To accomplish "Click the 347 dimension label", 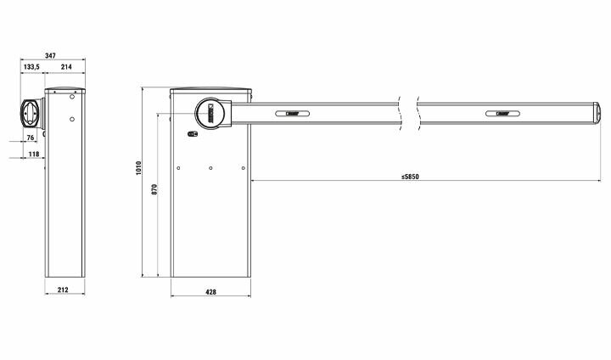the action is (50, 56).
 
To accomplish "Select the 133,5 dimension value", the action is (31, 67).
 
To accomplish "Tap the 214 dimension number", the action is (66, 67).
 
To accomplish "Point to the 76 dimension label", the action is (31, 138).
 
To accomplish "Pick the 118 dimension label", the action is (34, 154).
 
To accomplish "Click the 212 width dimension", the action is (63, 290).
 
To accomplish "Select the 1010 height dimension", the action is (138, 168).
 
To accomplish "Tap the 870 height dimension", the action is (154, 189).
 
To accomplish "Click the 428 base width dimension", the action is (210, 292).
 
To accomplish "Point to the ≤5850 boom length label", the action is (410, 177).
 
